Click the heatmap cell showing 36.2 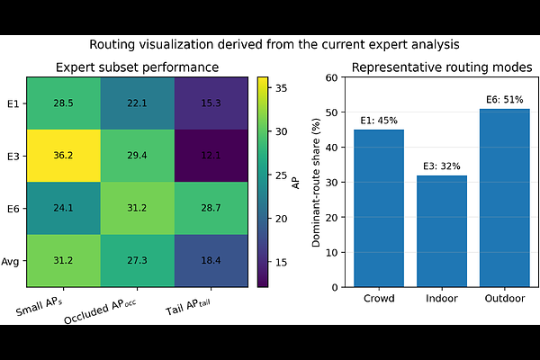(63, 156)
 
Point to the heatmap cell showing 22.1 (137, 103)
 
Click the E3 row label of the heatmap (13, 156)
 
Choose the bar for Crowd (379, 208)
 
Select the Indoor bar (442, 230)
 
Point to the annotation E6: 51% (505, 101)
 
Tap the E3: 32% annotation (442, 167)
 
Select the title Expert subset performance (137, 67)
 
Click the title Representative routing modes (442, 67)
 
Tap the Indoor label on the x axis (442, 299)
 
